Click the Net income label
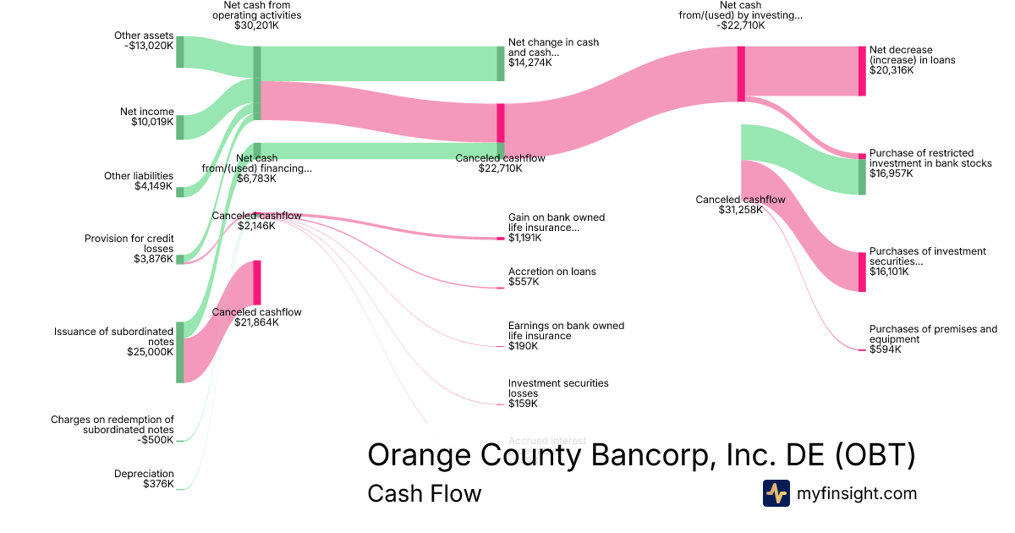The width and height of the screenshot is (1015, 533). click(x=146, y=112)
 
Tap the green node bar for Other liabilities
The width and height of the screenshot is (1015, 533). click(x=179, y=191)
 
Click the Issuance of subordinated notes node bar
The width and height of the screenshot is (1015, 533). click(x=179, y=352)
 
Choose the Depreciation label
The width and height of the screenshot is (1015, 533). click(x=144, y=474)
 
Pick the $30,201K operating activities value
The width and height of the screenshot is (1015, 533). click(x=256, y=25)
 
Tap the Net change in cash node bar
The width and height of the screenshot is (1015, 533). click(x=501, y=63)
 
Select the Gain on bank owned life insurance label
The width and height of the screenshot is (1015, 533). click(x=557, y=223)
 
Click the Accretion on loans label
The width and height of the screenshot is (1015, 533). click(x=551, y=272)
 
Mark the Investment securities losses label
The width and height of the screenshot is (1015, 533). click(x=558, y=388)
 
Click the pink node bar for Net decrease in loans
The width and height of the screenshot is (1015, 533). click(x=862, y=71)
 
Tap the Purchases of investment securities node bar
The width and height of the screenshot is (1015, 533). click(x=862, y=272)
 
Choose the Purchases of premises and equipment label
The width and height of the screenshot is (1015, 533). click(x=933, y=334)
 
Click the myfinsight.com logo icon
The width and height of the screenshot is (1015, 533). click(x=776, y=493)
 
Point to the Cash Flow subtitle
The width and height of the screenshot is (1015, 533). click(x=424, y=493)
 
